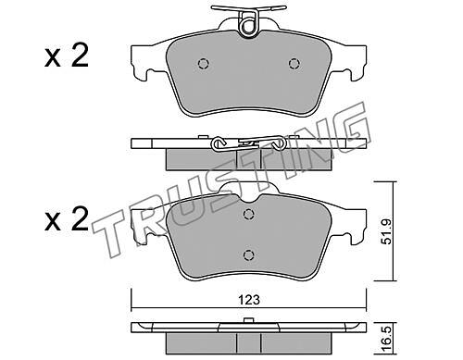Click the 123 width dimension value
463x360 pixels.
[249, 300]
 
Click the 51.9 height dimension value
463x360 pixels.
[385, 231]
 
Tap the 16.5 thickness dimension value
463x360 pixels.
[385, 340]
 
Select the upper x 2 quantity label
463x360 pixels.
[67, 56]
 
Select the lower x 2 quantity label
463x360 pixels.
[67, 218]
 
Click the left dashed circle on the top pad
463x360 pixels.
[204, 64]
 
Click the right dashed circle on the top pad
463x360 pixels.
[294, 64]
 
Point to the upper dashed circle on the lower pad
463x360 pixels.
[248, 214]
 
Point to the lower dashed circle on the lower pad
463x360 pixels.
[248, 254]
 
